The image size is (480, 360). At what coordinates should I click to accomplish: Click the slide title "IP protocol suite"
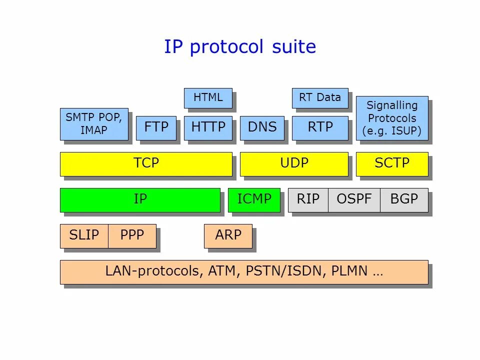pos(240,47)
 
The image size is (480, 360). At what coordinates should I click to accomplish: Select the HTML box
pos(208,98)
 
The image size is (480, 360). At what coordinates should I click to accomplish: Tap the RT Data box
pos(319,98)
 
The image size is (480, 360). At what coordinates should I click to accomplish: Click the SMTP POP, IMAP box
pos(94,124)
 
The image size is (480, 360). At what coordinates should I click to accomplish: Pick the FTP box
pos(156,127)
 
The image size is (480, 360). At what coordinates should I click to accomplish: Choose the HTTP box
pos(208,127)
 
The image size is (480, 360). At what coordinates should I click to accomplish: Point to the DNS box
pos(262,127)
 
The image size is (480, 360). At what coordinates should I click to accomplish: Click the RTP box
pos(319,127)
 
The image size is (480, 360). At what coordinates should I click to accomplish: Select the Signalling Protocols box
pos(392,118)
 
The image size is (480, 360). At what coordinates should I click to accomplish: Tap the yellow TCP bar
pos(146,163)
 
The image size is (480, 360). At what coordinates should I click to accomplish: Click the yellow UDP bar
pos(294,163)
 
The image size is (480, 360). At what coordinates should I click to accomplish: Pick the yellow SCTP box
pos(392,163)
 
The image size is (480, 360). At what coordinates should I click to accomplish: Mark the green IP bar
pos(140,199)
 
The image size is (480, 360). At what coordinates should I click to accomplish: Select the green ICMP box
pos(254,199)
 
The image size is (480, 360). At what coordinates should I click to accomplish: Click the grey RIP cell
pos(308,199)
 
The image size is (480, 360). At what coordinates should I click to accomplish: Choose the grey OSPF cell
pos(354,199)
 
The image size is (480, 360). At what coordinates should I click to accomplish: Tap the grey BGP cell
pos(404,199)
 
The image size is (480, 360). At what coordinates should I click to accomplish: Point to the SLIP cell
pos(84,235)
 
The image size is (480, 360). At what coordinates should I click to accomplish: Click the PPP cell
pos(132,235)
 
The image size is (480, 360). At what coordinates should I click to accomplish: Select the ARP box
pos(228,235)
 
